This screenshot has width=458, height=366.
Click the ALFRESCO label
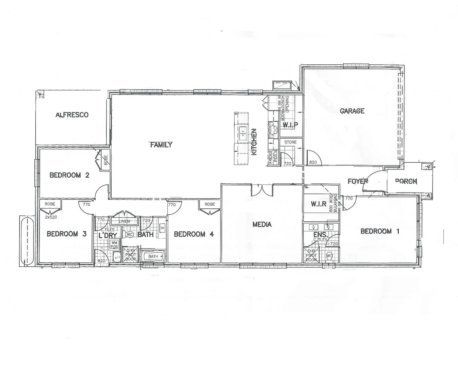[x=72, y=115]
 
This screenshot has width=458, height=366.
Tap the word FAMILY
[x=161, y=145]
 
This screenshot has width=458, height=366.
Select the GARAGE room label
[x=352, y=111]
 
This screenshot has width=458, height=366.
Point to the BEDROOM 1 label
[x=380, y=231]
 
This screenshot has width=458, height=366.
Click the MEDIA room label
[x=262, y=224]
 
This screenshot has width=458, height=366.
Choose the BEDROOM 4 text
[x=194, y=234]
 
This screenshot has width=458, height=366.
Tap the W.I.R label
[x=319, y=204]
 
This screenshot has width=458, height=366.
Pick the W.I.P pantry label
[x=290, y=125]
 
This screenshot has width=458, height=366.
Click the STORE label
[x=290, y=142]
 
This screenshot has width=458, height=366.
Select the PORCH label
[x=406, y=181]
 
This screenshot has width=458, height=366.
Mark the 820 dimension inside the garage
[x=313, y=162]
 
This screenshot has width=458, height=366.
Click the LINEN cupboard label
[x=125, y=222]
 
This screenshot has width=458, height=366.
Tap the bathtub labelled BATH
[x=153, y=257]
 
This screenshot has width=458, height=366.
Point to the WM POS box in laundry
[x=114, y=244]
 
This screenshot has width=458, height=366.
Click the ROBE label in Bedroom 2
[x=106, y=160]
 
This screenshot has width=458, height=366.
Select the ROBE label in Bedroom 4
[x=210, y=204]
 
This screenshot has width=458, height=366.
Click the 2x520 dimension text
[x=51, y=217]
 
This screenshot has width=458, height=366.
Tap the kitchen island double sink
[x=243, y=134]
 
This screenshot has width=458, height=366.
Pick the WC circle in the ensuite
[x=329, y=256]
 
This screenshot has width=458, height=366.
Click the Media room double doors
[x=262, y=190]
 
